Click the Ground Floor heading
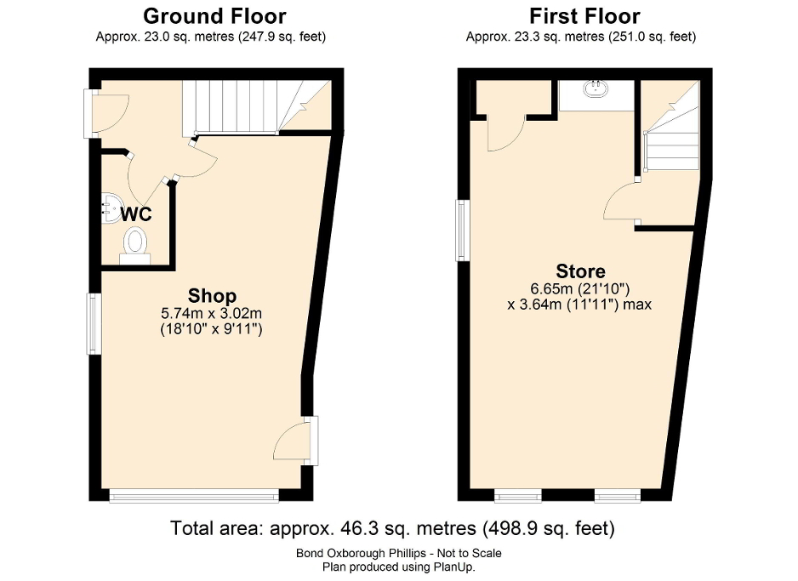(214, 16)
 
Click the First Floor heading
(584, 16)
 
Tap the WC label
(135, 213)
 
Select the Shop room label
(212, 296)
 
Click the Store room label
(580, 271)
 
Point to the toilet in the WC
(135, 243)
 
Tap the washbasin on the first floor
(596, 88)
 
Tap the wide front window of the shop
(193, 495)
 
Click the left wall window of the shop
(93, 322)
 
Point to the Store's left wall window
(461, 230)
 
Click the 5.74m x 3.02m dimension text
(211, 314)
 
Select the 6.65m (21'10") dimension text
(580, 289)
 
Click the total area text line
(392, 528)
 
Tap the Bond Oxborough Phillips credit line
(392, 553)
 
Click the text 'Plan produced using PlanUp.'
(392, 567)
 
